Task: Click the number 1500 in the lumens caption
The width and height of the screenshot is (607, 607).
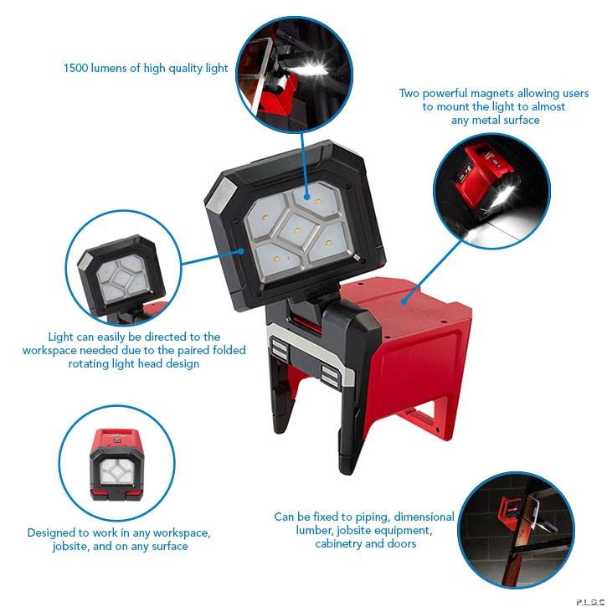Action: click(x=79, y=68)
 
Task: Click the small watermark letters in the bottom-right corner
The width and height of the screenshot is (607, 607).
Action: click(x=589, y=600)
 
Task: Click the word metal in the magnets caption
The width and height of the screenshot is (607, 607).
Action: click(x=468, y=120)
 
